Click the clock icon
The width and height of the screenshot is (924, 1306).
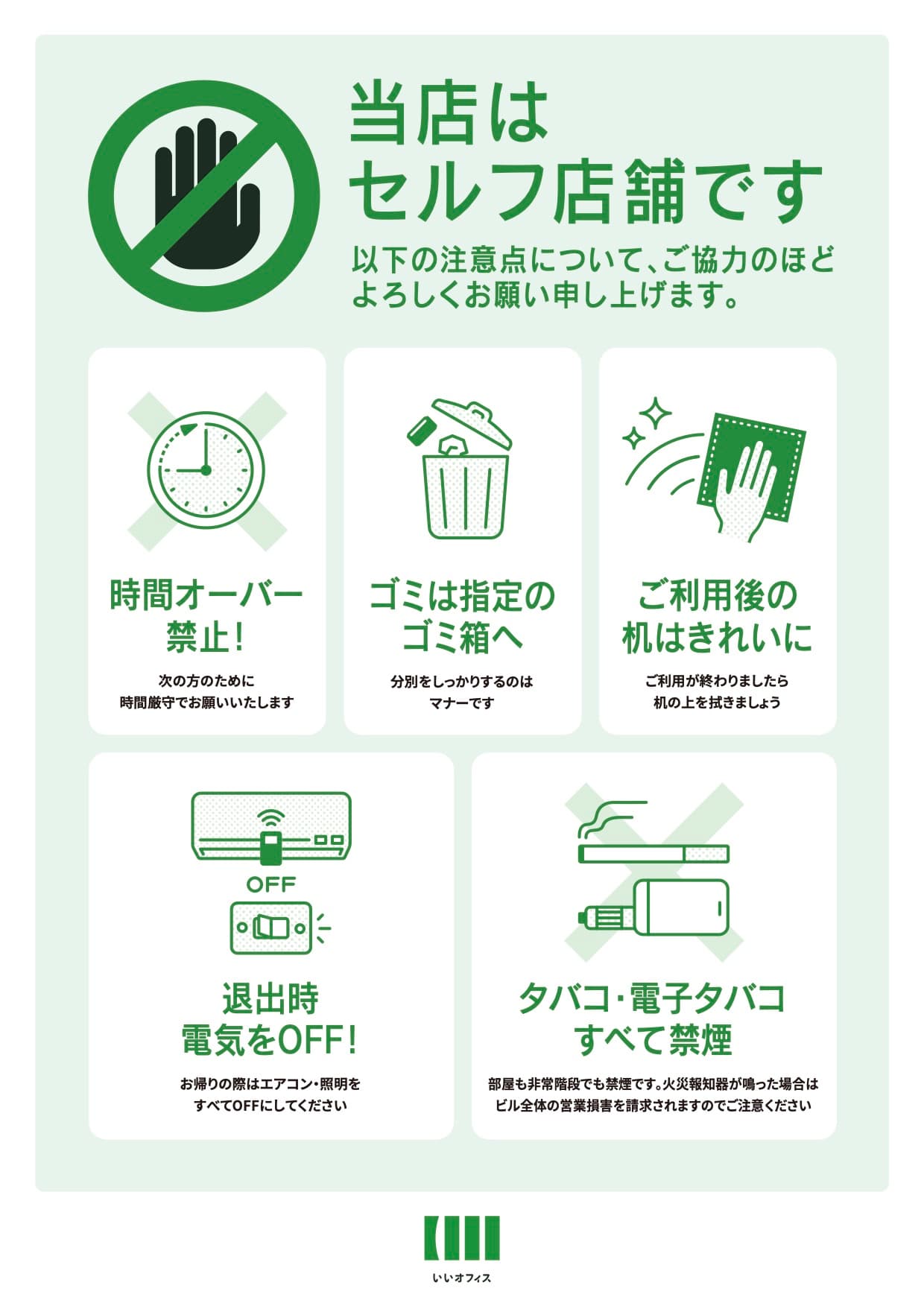tap(206, 470)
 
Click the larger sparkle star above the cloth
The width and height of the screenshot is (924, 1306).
tap(656, 413)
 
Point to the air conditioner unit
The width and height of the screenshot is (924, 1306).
tap(271, 825)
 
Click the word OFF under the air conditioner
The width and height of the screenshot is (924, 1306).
tap(271, 884)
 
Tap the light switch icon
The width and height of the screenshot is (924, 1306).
tap(270, 928)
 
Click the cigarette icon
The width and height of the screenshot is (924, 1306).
tap(654, 853)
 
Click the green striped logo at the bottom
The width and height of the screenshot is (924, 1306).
tap(462, 1237)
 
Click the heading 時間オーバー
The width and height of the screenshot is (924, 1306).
tap(206, 595)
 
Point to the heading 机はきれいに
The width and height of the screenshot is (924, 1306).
tap(717, 638)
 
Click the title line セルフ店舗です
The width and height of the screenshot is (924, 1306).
tap(585, 192)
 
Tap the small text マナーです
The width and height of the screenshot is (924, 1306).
tap(462, 703)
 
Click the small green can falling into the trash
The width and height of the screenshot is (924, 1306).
tap(423, 429)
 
